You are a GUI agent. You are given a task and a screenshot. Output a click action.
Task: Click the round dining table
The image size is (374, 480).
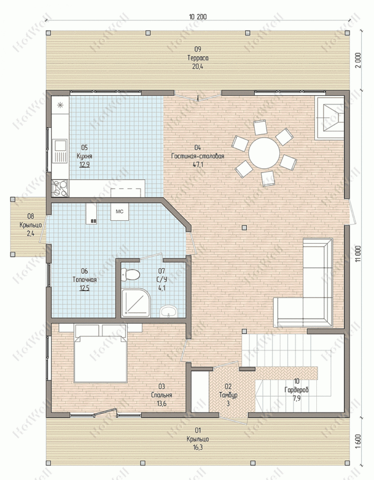click(x=264, y=153)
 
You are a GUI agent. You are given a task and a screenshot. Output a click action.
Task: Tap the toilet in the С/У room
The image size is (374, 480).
click(x=131, y=274)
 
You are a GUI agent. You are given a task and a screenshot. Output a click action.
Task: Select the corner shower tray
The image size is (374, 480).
click(x=136, y=303)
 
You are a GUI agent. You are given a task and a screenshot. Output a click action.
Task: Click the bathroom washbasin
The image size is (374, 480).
click(x=168, y=311)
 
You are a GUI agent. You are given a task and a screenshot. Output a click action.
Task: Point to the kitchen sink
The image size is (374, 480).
click(x=60, y=151)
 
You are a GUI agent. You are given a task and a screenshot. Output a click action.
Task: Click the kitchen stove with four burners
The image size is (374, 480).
click(x=60, y=188)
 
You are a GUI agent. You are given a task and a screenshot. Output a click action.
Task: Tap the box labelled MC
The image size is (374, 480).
click(x=119, y=212)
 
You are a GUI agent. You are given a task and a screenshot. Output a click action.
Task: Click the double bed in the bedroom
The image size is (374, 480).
click(x=100, y=353)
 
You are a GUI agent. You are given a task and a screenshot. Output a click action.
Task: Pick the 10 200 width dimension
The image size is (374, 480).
click(x=198, y=17)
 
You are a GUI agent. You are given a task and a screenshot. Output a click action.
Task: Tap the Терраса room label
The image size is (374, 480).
click(x=198, y=58)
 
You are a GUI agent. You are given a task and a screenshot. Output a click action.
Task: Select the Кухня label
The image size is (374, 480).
click(x=84, y=156)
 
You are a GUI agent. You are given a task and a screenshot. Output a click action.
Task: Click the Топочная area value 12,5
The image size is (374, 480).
click(x=84, y=288)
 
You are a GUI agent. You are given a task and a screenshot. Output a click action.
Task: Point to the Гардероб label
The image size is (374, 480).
click(x=297, y=390)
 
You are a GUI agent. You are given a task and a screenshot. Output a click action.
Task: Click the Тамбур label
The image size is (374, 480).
click(x=228, y=395)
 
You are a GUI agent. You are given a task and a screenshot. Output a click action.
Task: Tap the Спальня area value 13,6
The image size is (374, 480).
click(x=161, y=404)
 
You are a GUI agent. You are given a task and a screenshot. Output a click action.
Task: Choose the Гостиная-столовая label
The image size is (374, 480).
click(x=198, y=156)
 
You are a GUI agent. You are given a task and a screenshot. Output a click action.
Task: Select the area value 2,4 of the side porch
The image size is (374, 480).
click(x=30, y=234)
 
